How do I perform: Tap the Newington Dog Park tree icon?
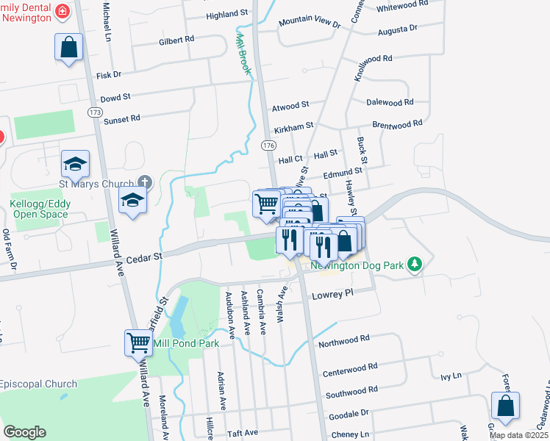tap(415, 264)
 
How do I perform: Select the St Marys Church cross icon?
tap(145, 182)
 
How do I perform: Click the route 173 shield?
tap(93, 112)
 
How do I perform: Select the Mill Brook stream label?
tap(243, 55)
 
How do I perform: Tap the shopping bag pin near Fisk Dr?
tap(68, 48)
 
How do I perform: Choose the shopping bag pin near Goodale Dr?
tap(505, 406)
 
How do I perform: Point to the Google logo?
tap(24, 432)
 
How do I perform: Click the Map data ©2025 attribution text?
tap(518, 435)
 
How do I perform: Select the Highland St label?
tap(227, 14)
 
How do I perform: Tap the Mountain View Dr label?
tap(310, 24)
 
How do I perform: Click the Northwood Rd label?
tap(344, 340)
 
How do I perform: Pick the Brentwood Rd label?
tap(397, 124)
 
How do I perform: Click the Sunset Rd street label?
tap(122, 119)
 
